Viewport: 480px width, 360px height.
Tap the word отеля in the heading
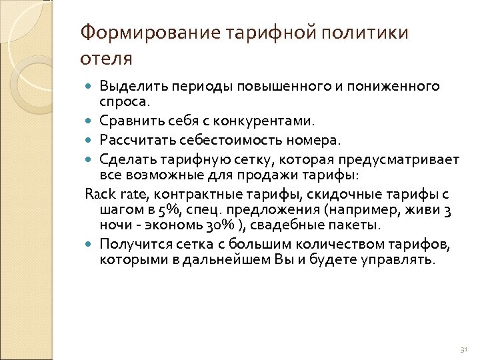106,58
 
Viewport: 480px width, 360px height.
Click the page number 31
464,349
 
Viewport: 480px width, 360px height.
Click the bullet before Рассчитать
90,140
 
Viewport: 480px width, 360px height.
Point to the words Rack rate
111,194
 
